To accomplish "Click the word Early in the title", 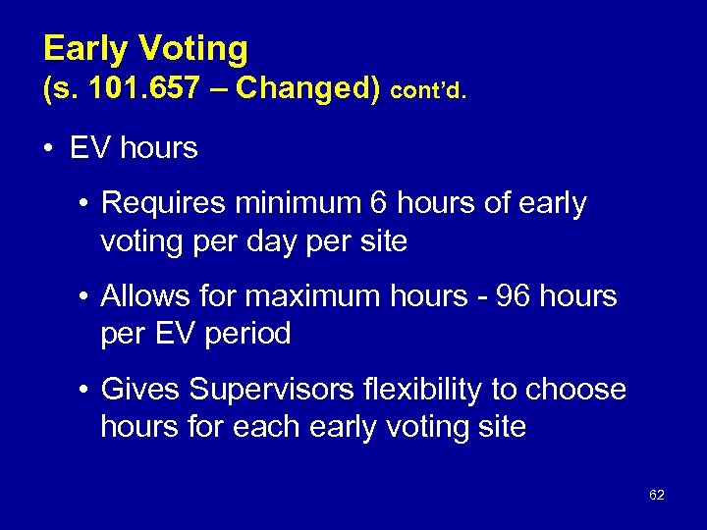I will [x=86, y=49].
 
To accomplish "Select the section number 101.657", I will [x=143, y=90].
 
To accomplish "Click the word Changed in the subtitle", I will [x=308, y=90].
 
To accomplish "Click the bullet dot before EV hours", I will [x=47, y=149].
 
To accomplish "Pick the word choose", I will [x=577, y=390].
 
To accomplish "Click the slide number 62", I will [x=657, y=496].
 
